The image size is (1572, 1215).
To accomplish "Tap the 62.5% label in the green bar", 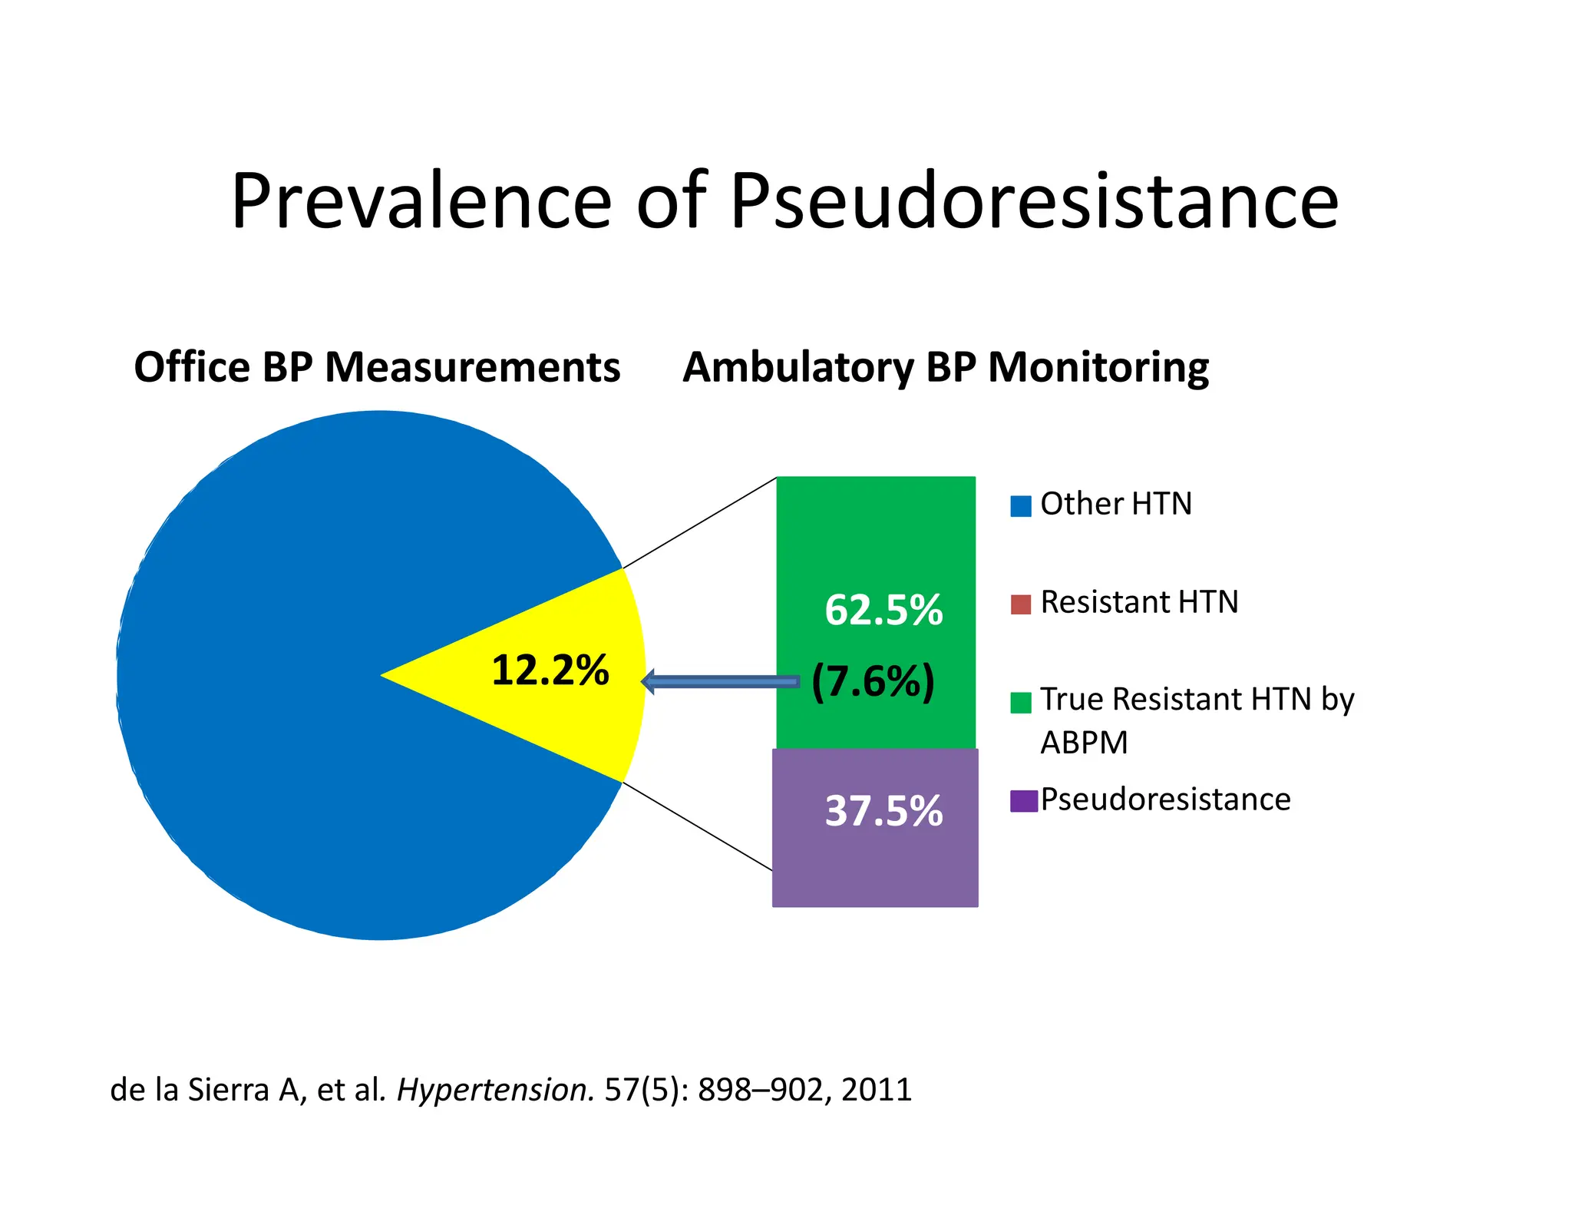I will click(883, 611).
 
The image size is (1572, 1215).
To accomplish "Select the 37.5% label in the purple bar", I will click(883, 811).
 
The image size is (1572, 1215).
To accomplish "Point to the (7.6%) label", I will click(874, 681).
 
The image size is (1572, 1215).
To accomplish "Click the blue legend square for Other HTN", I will click(1021, 506).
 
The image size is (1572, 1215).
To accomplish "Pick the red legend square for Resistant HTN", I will click(1021, 604).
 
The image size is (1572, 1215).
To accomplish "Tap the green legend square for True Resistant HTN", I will click(1021, 702).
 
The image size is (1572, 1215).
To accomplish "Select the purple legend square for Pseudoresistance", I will click(1023, 801).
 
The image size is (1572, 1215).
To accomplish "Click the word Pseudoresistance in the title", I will click(1034, 201).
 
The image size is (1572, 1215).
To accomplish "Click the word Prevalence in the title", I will click(421, 201).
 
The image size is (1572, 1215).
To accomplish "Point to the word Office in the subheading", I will click(192, 367).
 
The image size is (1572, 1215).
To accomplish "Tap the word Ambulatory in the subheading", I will click(798, 367).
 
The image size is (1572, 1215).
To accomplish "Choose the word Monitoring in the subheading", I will click(1098, 367).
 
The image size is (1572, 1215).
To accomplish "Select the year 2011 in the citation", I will click(877, 1090).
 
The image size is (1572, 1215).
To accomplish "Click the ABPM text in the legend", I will click(1084, 743).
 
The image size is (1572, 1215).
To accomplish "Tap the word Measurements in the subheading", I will click(472, 367).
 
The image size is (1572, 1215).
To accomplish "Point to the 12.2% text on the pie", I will click(550, 670).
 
